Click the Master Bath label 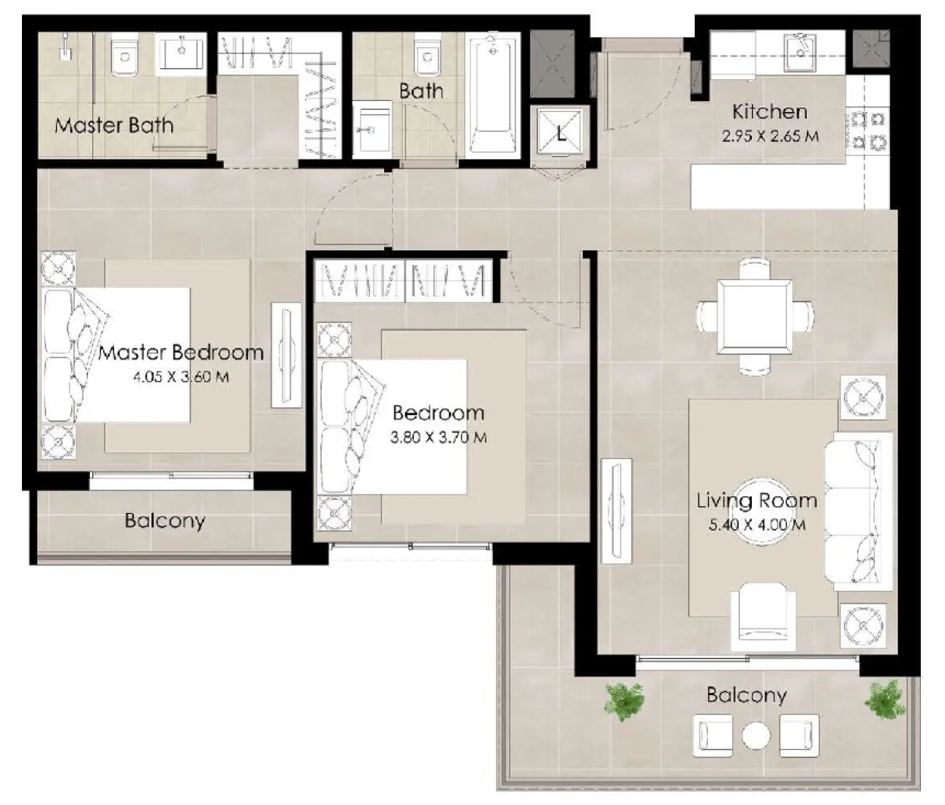coord(114,125)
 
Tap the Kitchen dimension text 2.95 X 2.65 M coord(769,136)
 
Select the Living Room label coord(756,501)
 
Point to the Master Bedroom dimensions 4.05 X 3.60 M coord(180,378)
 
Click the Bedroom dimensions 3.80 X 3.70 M coord(439,438)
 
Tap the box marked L coord(561,133)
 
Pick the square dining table coord(755,317)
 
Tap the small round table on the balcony coord(756,735)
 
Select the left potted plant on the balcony coord(625,701)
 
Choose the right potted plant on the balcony coord(886,698)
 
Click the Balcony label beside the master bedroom coord(165,521)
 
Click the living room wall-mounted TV coord(615,511)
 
